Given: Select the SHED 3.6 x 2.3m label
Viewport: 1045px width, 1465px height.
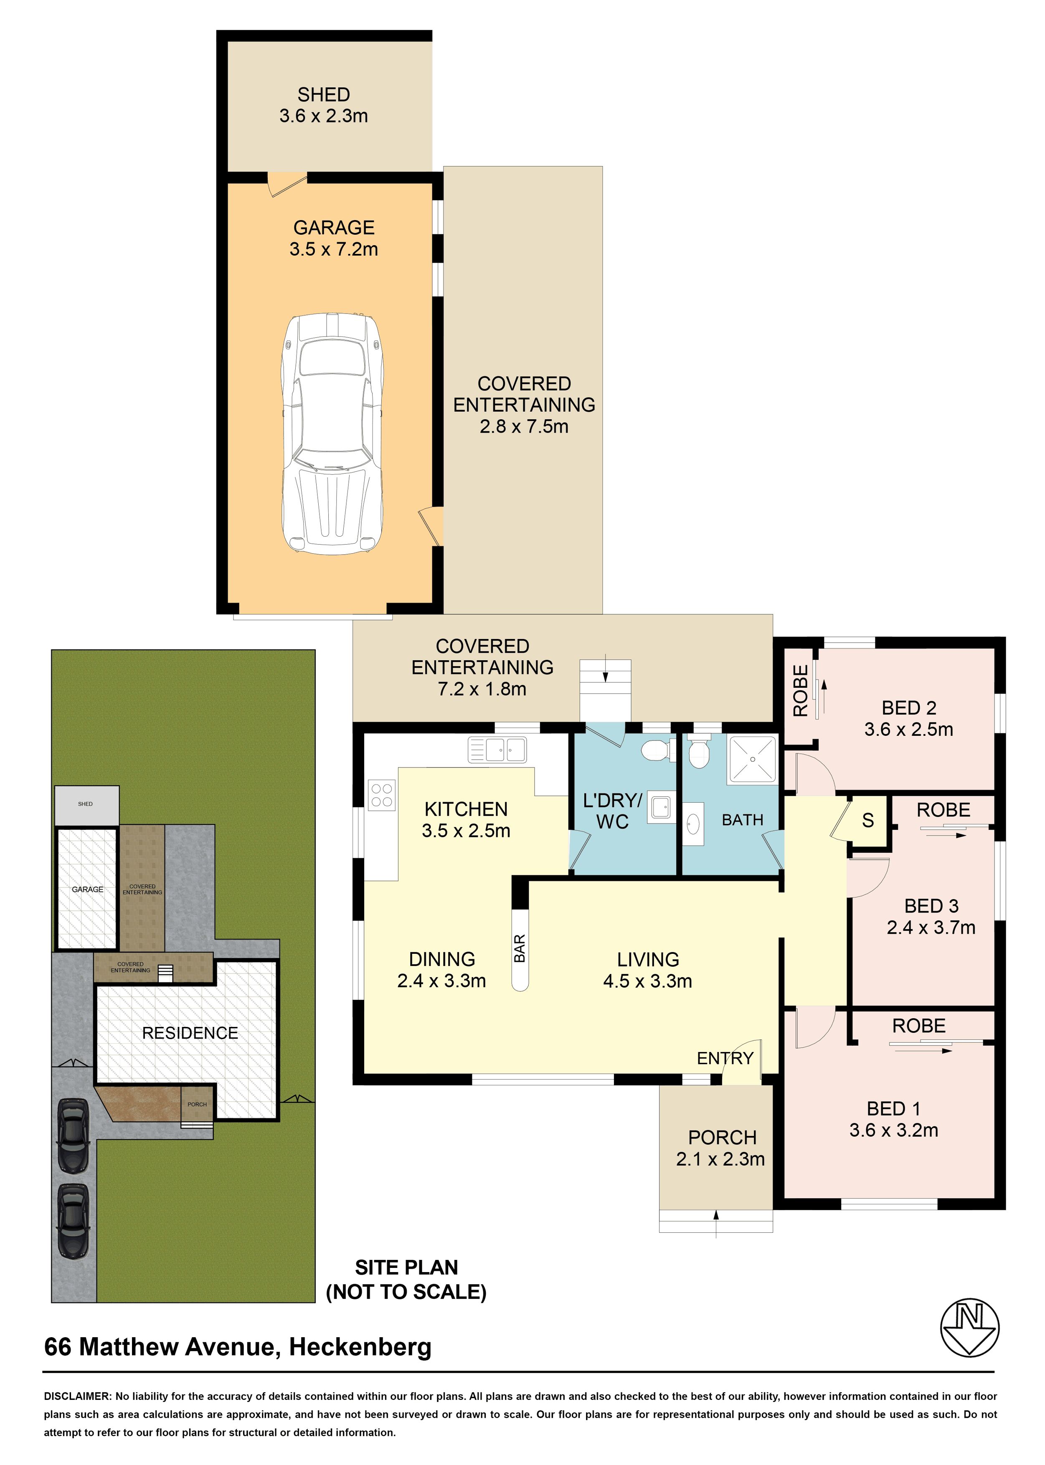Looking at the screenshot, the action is pos(324,105).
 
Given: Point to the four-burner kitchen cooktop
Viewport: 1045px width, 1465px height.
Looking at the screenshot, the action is pos(382,795).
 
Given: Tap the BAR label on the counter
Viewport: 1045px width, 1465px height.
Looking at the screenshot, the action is pos(519,948).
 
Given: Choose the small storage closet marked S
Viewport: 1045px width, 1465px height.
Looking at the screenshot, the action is pos(868,820).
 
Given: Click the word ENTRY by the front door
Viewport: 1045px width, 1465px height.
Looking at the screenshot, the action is pos(725,1058).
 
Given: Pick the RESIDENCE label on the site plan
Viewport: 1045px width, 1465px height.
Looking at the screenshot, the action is pos(190,1033).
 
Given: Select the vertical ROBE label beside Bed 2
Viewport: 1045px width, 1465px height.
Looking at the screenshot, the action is pos(800,690).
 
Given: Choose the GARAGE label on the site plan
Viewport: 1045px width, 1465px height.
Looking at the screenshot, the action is pos(88,889).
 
